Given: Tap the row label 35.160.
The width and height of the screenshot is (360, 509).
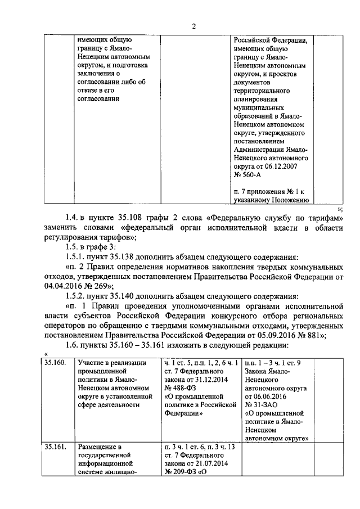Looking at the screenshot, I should [56, 364].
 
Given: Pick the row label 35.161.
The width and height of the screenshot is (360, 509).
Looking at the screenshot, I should [56, 448].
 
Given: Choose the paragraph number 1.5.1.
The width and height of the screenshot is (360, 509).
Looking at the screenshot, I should [76, 256].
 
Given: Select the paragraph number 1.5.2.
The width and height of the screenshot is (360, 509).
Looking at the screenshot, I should [76, 296].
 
